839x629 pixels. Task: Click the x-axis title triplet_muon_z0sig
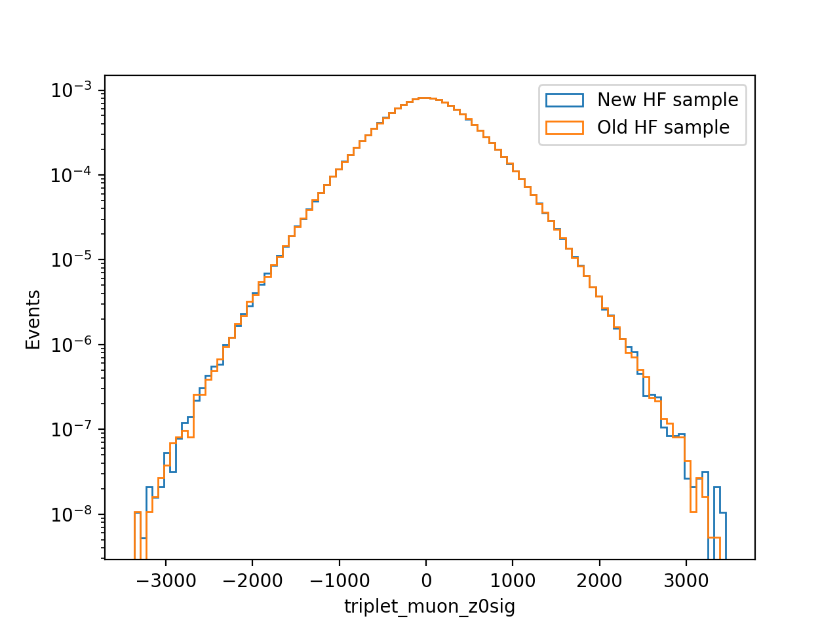click(429, 607)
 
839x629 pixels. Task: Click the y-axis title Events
click(33, 319)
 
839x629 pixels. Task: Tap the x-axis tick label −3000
click(166, 581)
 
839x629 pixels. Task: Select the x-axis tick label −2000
click(252, 581)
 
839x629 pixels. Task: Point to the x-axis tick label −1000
click(340, 581)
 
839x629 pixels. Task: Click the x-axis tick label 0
click(426, 581)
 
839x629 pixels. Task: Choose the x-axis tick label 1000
click(513, 581)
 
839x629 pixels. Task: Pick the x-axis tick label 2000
click(599, 581)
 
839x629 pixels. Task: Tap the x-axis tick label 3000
click(686, 581)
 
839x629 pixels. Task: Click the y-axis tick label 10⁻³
click(71, 90)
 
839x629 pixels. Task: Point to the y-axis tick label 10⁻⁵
click(71, 259)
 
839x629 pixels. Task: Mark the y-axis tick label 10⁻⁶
click(71, 345)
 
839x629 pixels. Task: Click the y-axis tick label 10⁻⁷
click(71, 429)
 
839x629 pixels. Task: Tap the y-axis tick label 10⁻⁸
click(71, 514)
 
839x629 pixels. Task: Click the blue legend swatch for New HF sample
click(564, 100)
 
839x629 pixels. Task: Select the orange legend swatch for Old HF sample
click(564, 128)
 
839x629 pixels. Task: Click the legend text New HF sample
click(668, 100)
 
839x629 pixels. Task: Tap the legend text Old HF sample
click(663, 128)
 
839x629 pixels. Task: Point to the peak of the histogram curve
click(425, 98)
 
